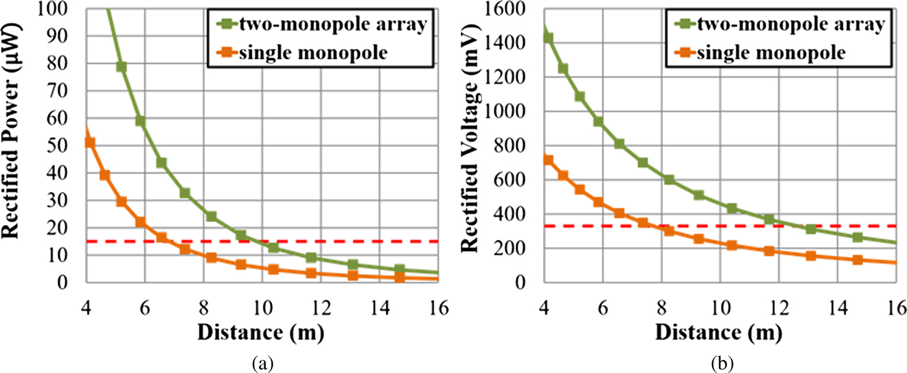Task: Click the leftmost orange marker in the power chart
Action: click(x=90, y=143)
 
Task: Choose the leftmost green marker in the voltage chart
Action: click(x=548, y=38)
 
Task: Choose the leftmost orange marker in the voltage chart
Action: click(x=548, y=160)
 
